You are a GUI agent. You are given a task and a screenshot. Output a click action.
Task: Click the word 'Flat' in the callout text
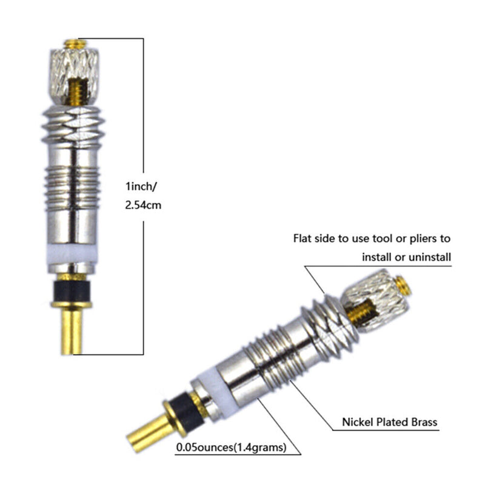(303, 239)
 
